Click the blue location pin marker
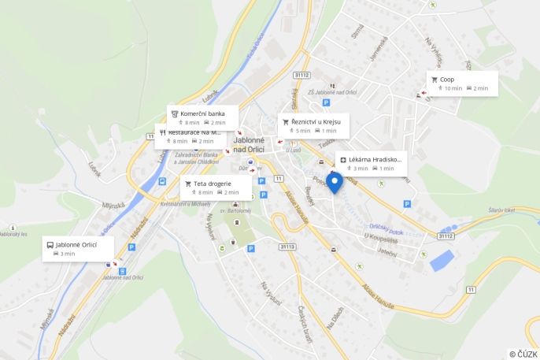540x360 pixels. tap(334, 183)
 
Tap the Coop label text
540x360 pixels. tap(447, 80)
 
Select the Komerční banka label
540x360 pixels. tap(202, 113)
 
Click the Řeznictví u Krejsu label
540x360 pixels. tap(315, 122)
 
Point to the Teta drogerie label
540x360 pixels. tap(212, 184)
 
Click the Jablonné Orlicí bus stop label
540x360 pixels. tap(76, 245)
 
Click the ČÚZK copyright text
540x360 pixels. tap(523, 354)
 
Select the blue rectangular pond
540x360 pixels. tap(442, 260)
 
